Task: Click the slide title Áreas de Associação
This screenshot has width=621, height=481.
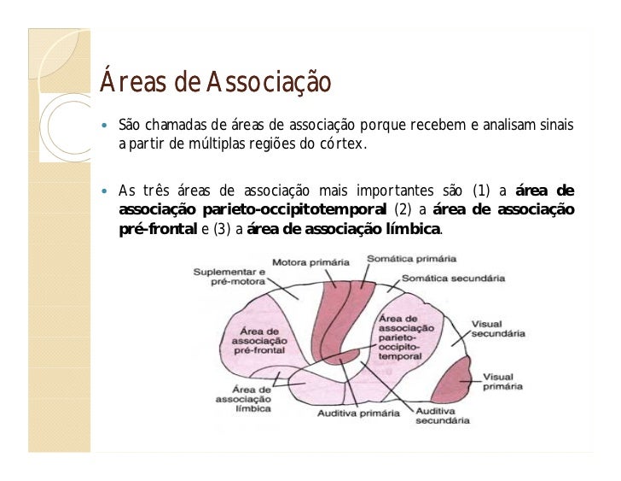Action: point(215,83)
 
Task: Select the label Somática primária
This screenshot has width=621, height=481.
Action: point(411,257)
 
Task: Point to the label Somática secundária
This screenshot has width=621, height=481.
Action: point(453,279)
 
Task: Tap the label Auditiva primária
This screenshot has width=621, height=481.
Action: point(358,414)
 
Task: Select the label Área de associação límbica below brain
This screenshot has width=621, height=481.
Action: point(245,398)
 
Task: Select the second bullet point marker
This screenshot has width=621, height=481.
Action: point(105,191)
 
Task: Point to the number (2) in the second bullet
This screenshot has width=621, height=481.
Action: point(404,210)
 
